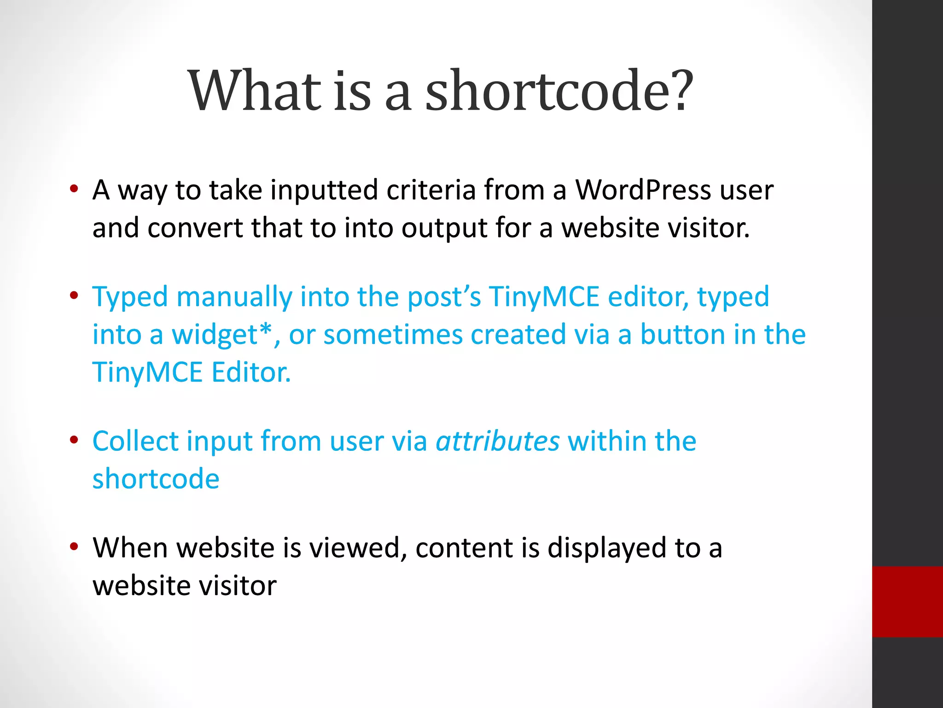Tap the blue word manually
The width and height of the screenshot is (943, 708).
coord(234,296)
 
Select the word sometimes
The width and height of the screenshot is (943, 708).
coord(393,335)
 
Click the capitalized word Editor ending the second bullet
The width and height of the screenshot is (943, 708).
coord(251,372)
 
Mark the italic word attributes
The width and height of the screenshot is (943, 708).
coord(497,441)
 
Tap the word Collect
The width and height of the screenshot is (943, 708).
coord(135,441)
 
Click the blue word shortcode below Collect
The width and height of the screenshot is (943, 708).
coord(156,479)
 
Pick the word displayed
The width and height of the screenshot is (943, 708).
coord(606,548)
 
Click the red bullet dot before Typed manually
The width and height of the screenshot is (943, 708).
coord(74,295)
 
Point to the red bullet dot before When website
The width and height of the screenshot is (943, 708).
coord(74,547)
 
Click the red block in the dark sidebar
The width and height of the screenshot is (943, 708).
coord(907,602)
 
